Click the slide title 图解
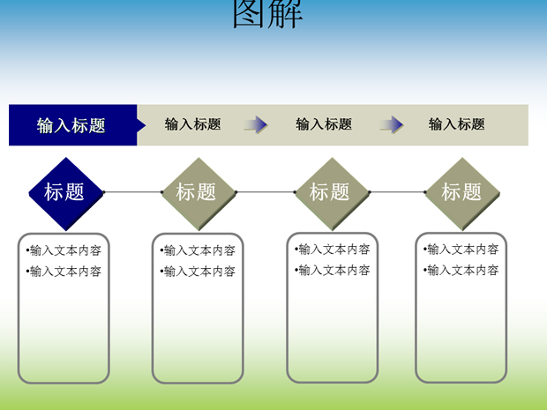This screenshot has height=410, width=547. click(x=267, y=13)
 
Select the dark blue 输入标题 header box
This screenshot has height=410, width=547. click(x=73, y=125)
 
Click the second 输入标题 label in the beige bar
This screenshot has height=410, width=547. click(x=192, y=124)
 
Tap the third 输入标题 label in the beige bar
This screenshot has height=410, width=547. click(x=324, y=124)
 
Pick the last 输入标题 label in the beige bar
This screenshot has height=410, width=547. click(x=456, y=124)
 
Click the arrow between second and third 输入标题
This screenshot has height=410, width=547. click(x=256, y=125)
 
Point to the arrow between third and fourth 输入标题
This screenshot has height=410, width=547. click(x=392, y=125)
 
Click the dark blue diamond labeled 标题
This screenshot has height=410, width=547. click(x=66, y=194)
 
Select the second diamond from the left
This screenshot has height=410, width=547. click(x=199, y=194)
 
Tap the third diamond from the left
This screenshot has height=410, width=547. click(x=332, y=194)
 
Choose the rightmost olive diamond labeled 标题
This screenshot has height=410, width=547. click(x=462, y=194)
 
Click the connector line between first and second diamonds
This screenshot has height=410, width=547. click(x=133, y=192)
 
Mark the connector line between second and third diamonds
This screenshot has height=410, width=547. click(x=266, y=192)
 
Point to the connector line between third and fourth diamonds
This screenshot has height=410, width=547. click(x=397, y=192)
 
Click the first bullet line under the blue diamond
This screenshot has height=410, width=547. click(x=64, y=250)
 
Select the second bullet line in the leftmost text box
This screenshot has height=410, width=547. click(x=64, y=272)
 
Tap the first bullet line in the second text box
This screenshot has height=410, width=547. click(x=198, y=250)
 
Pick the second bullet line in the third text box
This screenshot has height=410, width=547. click(x=332, y=270)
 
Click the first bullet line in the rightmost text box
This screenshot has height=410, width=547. click(x=461, y=250)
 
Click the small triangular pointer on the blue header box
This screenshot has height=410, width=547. click(x=141, y=125)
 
